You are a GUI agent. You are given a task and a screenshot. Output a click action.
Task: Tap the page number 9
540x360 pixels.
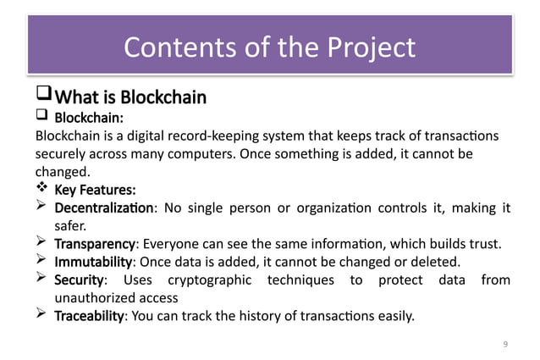[x=504, y=343]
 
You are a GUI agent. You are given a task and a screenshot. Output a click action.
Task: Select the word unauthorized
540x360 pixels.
[x=92, y=298]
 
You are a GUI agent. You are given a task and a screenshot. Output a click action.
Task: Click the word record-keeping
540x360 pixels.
[x=226, y=136]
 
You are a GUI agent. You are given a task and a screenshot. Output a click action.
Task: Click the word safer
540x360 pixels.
[x=71, y=226]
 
